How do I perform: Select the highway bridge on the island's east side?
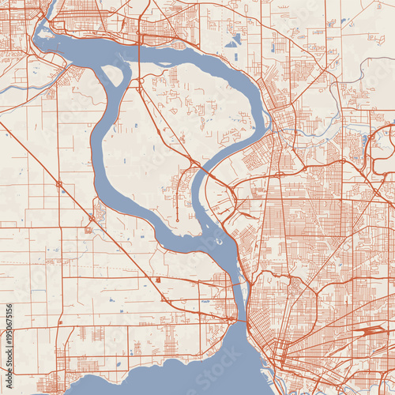coord(202,170)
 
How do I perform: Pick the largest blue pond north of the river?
coord(235,40)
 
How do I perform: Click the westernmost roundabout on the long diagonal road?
coord(59,184)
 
